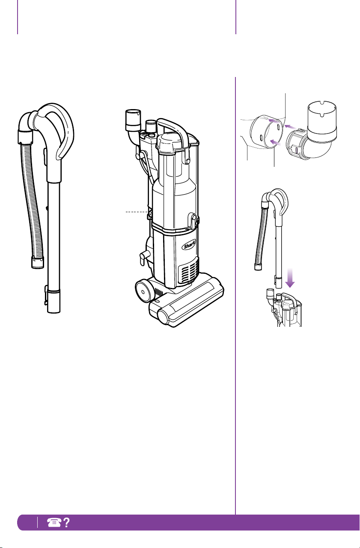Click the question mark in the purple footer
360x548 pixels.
(66, 522)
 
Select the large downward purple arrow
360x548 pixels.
(290, 278)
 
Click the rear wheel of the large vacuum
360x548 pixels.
(143, 291)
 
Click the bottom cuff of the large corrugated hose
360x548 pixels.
(38, 262)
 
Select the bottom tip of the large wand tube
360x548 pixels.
(54, 312)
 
